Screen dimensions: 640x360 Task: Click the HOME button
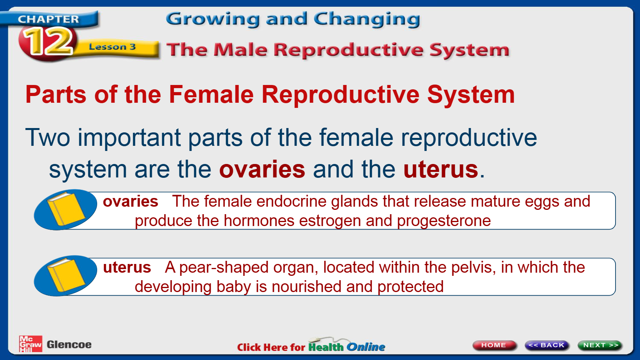[494, 345]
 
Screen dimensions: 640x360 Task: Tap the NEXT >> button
[600, 345]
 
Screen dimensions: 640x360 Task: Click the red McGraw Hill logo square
[30, 344]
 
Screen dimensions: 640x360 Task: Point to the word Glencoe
[69, 345]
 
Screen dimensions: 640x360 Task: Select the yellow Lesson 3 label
[112, 47]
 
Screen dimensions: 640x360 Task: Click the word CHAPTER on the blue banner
[48, 19]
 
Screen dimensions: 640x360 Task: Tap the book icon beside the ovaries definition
[66, 210]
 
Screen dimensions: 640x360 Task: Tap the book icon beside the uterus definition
[66, 276]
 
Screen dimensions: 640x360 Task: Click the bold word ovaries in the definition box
[131, 202]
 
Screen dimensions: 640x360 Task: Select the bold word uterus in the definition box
[127, 268]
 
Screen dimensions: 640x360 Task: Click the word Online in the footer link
[366, 347]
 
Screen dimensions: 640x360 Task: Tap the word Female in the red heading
[211, 94]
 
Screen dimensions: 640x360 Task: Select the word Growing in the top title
[213, 19]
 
